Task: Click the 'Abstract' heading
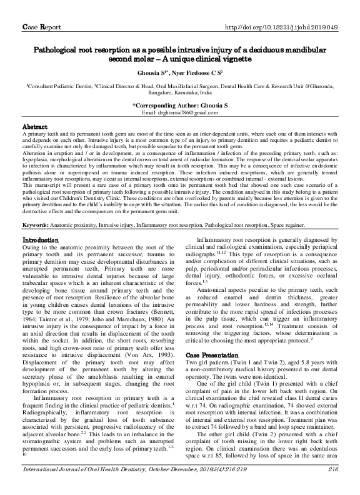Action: tap(35, 126)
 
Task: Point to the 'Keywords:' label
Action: tap(38, 224)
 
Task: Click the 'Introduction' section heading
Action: tap(41, 240)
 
